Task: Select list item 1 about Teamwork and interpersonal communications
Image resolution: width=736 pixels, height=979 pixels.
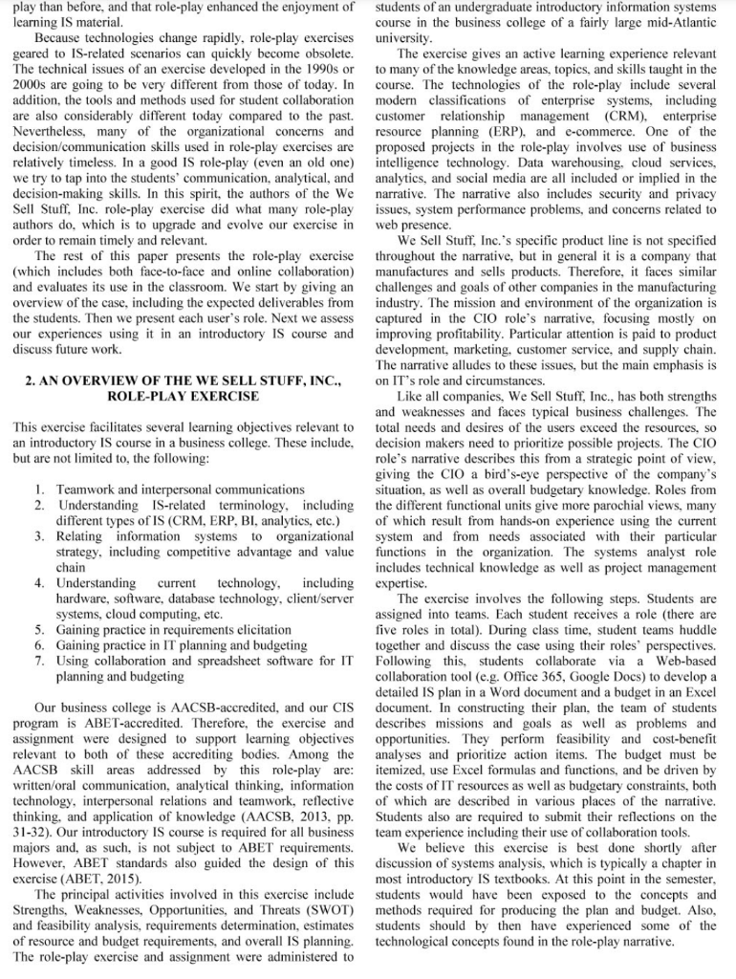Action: point(181,489)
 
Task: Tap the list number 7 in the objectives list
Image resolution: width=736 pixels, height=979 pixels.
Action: point(39,661)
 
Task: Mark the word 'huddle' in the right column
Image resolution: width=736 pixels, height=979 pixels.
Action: point(697,630)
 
